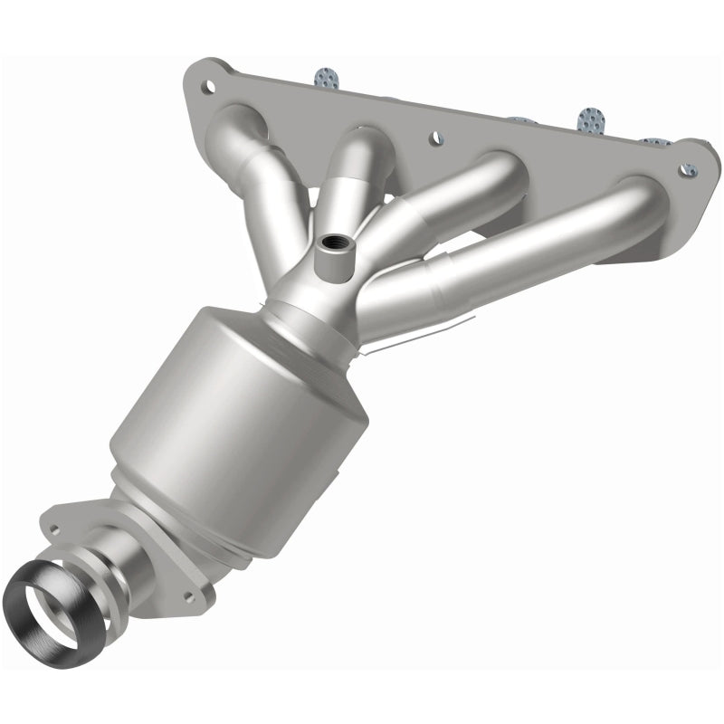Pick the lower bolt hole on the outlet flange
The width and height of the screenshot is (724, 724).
pos(190,596)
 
